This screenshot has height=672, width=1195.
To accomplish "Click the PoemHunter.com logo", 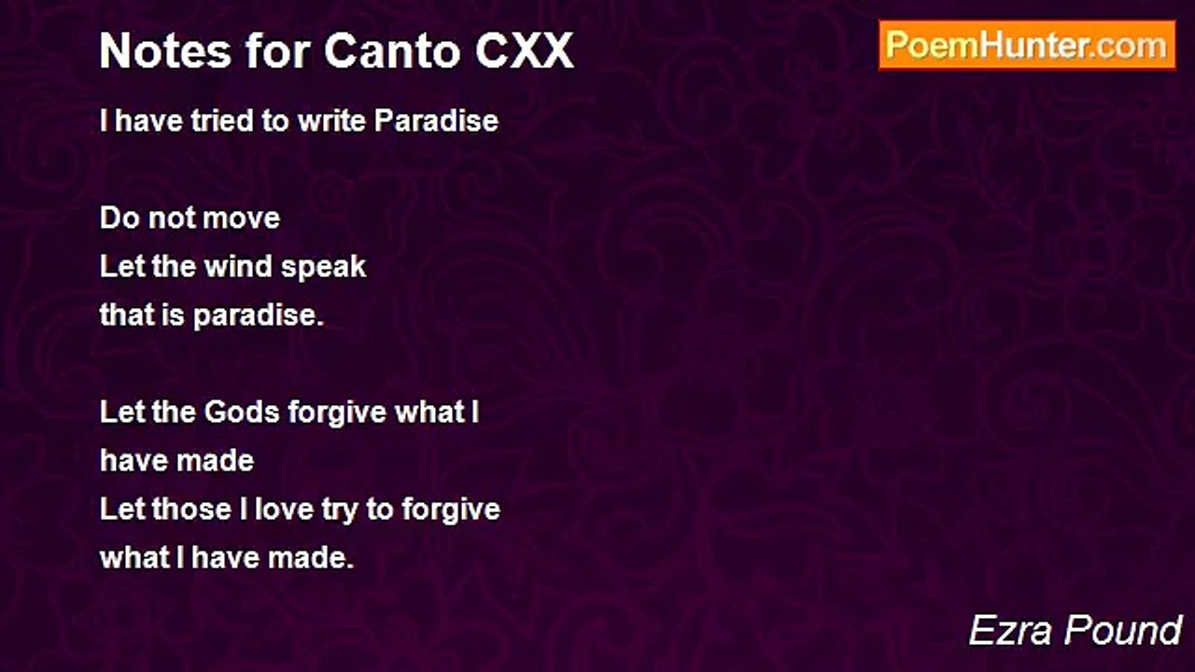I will [x=1027, y=45].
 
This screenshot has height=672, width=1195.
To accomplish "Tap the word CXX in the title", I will [x=525, y=51].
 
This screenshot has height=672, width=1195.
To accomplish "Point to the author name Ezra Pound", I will [x=1075, y=630].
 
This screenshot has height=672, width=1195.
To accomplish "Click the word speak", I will [x=324, y=267].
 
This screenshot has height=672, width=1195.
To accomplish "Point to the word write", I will [x=332, y=120].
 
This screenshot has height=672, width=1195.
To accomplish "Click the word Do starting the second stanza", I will [x=117, y=218].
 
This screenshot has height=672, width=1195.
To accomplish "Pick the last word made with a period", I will [x=311, y=558].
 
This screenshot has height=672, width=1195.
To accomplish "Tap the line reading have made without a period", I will [x=176, y=461].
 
